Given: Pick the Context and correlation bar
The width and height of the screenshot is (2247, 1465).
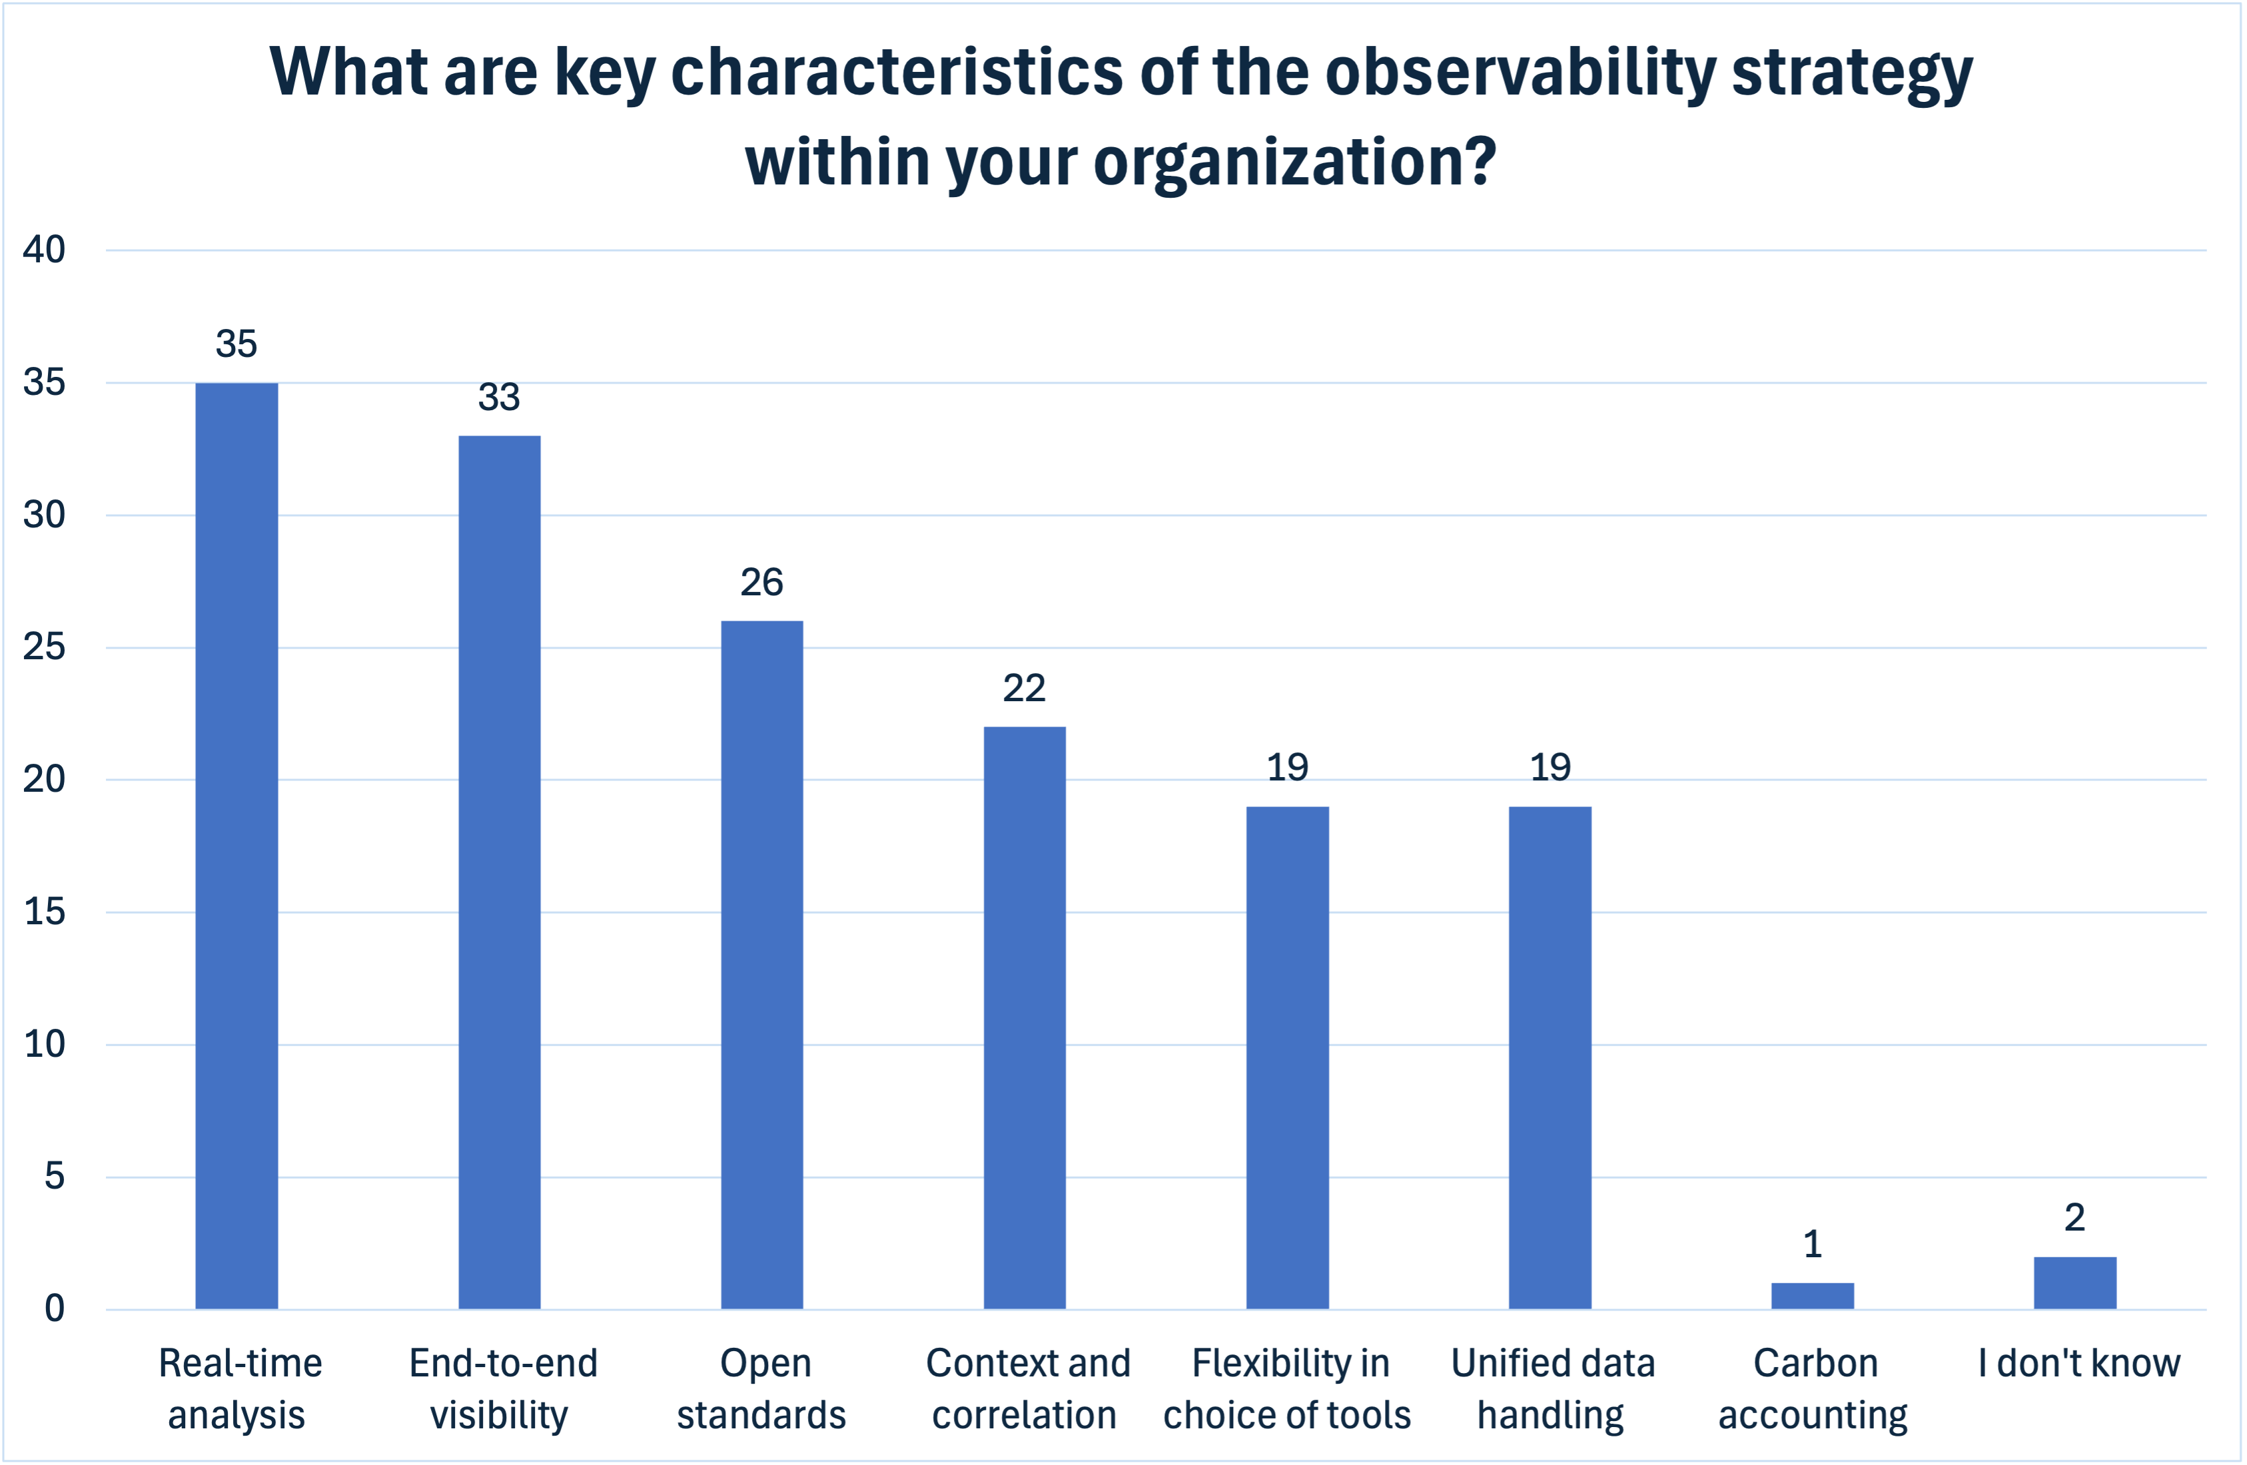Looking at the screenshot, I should tap(1025, 1017).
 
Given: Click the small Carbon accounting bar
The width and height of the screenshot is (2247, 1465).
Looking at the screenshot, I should tap(1812, 1295).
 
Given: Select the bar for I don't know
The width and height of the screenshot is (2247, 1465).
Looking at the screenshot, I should tap(2074, 1282).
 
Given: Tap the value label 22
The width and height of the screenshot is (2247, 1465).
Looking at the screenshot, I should tap(1023, 688).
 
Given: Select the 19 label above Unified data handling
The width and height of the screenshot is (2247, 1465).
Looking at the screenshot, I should tap(1550, 767).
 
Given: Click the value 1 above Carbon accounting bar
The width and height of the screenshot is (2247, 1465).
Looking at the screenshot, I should tap(1812, 1244).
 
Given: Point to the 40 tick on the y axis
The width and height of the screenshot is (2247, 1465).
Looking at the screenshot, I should tap(45, 250).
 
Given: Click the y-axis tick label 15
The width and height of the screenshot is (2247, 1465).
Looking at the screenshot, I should tap(45, 912).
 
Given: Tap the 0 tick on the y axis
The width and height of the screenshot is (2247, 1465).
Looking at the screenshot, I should tap(55, 1309).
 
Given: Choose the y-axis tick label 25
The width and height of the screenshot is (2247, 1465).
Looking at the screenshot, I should tap(45, 647).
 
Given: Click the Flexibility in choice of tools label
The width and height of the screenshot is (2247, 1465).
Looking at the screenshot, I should tap(1287, 1388).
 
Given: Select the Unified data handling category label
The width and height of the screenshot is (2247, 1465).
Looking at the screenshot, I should tap(1552, 1388).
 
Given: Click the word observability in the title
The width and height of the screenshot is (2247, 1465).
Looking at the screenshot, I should tap(1520, 72).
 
